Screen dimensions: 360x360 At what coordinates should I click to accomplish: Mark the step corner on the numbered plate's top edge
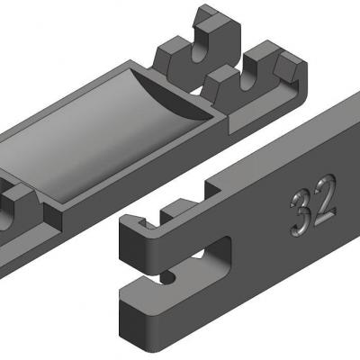(209, 186)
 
